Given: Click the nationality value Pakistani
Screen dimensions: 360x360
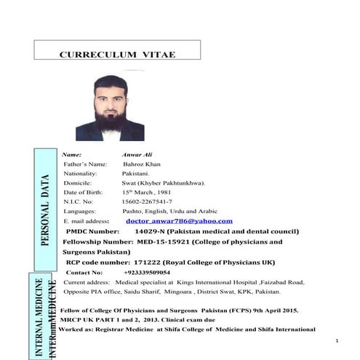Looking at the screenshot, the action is [136, 174].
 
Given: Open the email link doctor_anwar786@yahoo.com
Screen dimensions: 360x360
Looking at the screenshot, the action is [179, 220].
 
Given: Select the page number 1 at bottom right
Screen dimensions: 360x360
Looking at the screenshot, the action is [339, 341].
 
